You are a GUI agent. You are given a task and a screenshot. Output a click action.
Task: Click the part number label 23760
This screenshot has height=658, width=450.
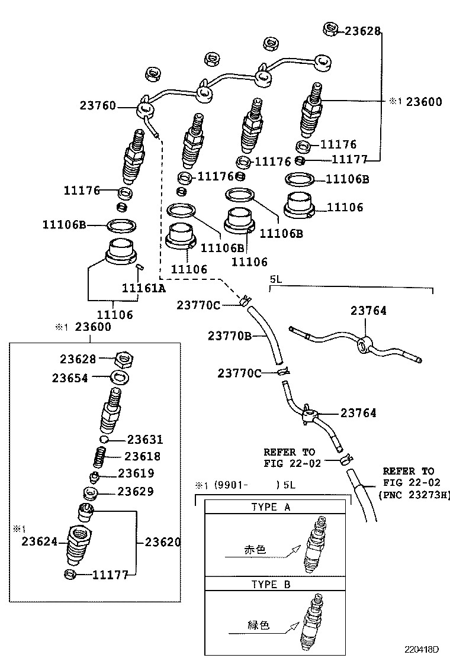click(x=98, y=105)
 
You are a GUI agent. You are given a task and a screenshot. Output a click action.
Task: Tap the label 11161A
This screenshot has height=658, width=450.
click(x=143, y=288)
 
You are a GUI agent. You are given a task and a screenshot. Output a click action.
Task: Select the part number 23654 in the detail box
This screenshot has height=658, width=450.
click(x=70, y=378)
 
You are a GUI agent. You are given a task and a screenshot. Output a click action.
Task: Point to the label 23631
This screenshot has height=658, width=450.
click(x=145, y=440)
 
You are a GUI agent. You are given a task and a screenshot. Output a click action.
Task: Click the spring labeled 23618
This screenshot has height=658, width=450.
click(x=99, y=457)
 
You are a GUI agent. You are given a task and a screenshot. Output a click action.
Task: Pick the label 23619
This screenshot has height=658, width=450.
click(x=136, y=473)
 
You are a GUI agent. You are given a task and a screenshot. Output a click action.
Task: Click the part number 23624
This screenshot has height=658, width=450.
click(x=40, y=541)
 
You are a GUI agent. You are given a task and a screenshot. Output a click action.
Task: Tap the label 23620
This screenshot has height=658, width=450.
click(x=163, y=542)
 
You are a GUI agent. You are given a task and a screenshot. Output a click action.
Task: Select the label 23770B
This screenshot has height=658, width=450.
click(x=230, y=336)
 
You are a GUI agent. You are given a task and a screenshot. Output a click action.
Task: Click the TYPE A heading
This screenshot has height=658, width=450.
click(x=271, y=507)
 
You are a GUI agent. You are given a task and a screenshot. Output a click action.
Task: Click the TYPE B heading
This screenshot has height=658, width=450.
click(x=271, y=584)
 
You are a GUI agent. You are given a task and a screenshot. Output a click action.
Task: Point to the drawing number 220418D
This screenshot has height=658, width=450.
click(x=422, y=649)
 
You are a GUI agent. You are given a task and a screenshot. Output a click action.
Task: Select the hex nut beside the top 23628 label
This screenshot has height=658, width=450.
click(x=330, y=30)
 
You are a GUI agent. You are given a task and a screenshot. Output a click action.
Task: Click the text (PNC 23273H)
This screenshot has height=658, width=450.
click(x=414, y=495)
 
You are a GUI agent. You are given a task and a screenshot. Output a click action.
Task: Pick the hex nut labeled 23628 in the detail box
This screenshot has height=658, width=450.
click(x=124, y=360)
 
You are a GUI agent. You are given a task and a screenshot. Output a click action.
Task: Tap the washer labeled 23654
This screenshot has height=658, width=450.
click(x=120, y=378)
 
